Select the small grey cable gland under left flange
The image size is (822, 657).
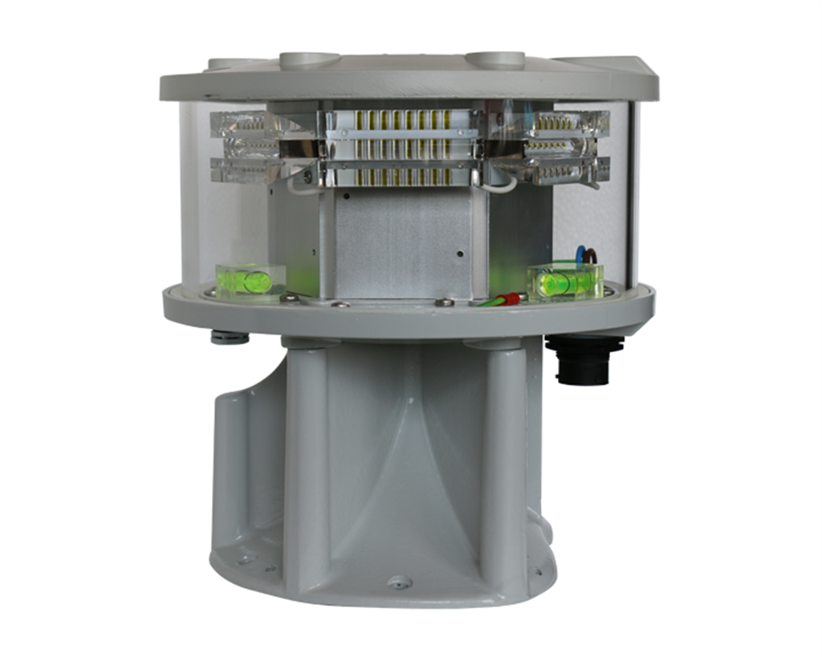pos(230,337)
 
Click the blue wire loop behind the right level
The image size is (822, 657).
pos(579,255)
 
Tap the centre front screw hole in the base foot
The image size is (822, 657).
pos(399,583)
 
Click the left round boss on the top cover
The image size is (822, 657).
pos(309,60)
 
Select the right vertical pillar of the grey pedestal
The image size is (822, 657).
pos(503,465)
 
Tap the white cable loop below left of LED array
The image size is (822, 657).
pos(302,187)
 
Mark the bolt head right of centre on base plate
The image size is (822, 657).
pos(443,302)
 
